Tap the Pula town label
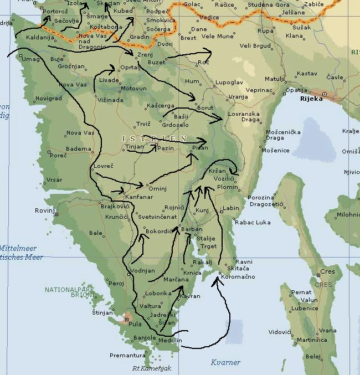tap(135, 323)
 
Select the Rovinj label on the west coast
tap(44, 210)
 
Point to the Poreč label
tap(59, 156)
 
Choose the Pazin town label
tap(166, 148)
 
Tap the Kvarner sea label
tap(225, 362)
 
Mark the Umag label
tap(30, 59)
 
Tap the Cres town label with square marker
tap(327, 273)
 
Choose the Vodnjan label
tap(143, 270)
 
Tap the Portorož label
tap(55, 11)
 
